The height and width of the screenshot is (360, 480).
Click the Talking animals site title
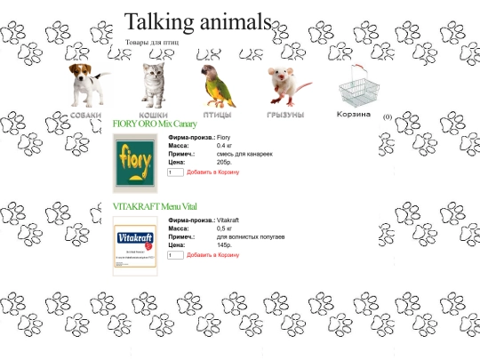197,22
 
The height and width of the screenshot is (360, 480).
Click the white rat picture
286,85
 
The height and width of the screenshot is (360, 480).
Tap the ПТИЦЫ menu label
218,116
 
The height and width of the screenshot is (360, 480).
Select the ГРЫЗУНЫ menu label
285,116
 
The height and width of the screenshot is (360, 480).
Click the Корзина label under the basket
354,114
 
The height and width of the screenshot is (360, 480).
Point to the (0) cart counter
388,117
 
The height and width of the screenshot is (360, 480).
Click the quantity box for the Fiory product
175,172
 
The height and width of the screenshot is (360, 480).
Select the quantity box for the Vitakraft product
175,255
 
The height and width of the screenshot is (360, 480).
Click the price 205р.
224,163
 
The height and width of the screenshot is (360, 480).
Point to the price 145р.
224,245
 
